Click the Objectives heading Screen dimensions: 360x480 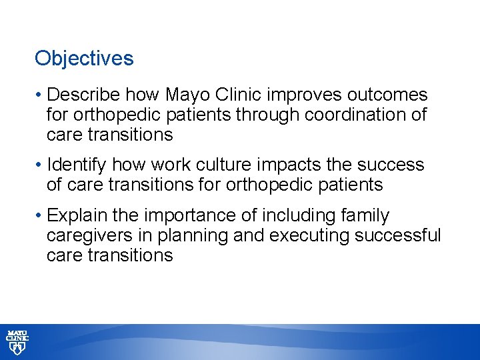[84, 59]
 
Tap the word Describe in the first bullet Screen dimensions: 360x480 [83, 95]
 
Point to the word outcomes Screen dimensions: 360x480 [395, 95]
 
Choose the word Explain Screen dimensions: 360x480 [76, 215]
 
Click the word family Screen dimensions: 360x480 [365, 215]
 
